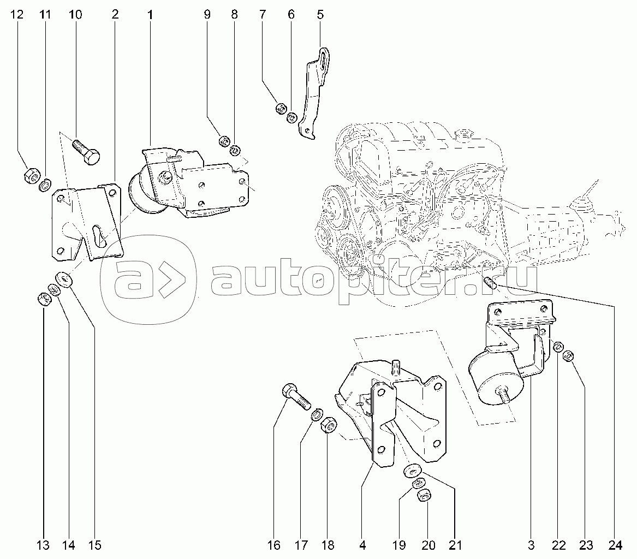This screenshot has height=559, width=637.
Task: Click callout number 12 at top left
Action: click(17, 15)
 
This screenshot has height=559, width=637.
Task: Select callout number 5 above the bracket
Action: click(320, 15)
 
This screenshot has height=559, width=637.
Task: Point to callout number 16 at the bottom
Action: click(274, 545)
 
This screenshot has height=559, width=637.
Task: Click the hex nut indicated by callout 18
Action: click(328, 426)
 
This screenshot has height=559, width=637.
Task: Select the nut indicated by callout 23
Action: click(569, 356)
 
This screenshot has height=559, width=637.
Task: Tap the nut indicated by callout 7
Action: click(281, 109)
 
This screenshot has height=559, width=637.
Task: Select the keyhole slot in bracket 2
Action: click(99, 236)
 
